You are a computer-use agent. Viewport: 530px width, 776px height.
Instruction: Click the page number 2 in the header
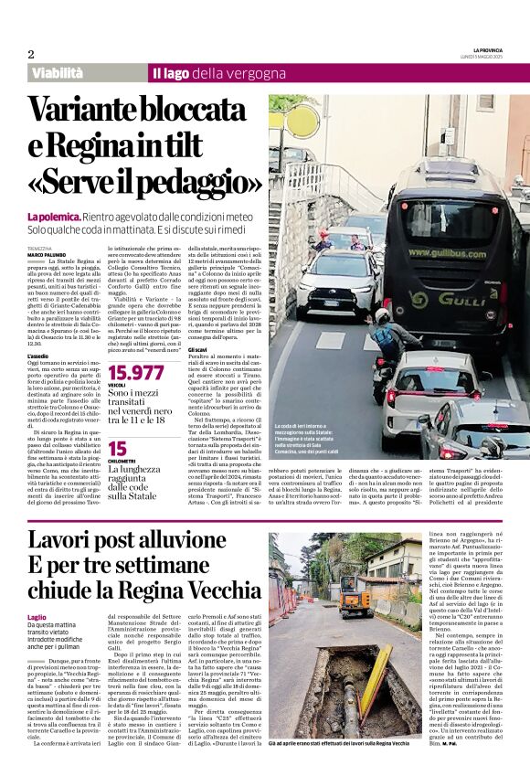[x=31, y=54]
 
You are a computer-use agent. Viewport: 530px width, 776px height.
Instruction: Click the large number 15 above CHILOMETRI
[x=117, y=448]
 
